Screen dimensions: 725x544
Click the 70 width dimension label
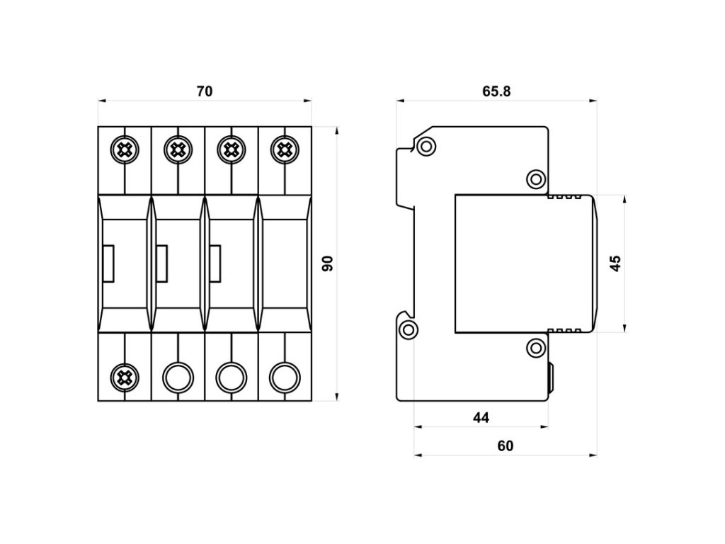pos(205,91)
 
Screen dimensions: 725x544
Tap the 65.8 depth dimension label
pos(496,91)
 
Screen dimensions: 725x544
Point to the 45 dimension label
pos(616,263)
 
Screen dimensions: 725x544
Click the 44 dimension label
pos(481,418)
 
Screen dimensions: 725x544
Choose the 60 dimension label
pos(506,446)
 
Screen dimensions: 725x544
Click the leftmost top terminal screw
pos(125,150)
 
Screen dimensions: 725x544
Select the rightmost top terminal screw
pos(285,150)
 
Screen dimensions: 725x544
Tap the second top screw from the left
pos(178,150)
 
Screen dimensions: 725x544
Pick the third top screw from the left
pos(232,150)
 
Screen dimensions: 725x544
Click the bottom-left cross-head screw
pos(125,378)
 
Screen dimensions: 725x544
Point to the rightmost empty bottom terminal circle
pos(285,378)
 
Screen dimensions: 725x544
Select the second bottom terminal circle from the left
pos(178,378)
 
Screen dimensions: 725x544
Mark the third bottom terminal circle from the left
pos(232,378)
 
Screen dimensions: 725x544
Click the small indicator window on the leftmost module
pos(108,263)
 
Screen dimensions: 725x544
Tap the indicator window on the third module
pos(215,263)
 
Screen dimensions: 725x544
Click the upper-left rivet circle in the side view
pos(426,147)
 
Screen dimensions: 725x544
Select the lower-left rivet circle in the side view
pos(409,330)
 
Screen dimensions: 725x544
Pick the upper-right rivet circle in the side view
pos(536,179)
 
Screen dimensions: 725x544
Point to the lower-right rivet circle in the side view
pos(536,347)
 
